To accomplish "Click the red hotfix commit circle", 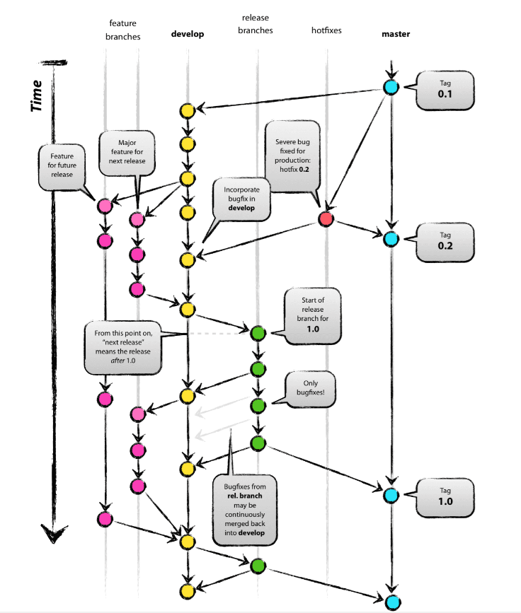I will tap(326, 218).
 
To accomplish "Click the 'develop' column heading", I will tap(188, 33).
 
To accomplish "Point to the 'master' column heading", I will tap(396, 33).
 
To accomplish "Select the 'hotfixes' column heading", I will tap(326, 30).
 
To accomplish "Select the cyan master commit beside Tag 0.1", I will tap(391, 88).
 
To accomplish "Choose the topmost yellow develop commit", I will tap(188, 110).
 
